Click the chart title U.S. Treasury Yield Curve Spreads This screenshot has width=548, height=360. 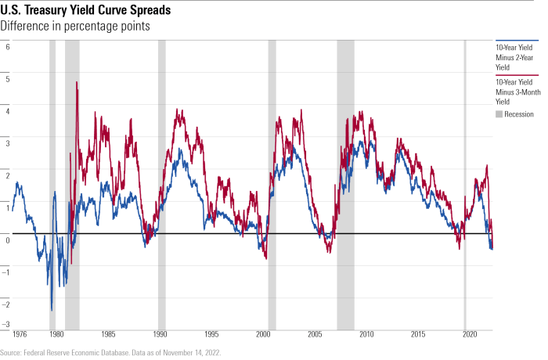pos(87,10)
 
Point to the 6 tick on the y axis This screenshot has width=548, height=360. pos(7,46)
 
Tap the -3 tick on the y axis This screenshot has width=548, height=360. pos(6,324)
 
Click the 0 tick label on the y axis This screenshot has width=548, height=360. pos(7,240)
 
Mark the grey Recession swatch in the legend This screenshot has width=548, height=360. pos(499,114)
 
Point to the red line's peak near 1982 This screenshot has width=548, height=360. pos(77,82)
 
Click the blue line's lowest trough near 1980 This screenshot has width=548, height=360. pos(52,311)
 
